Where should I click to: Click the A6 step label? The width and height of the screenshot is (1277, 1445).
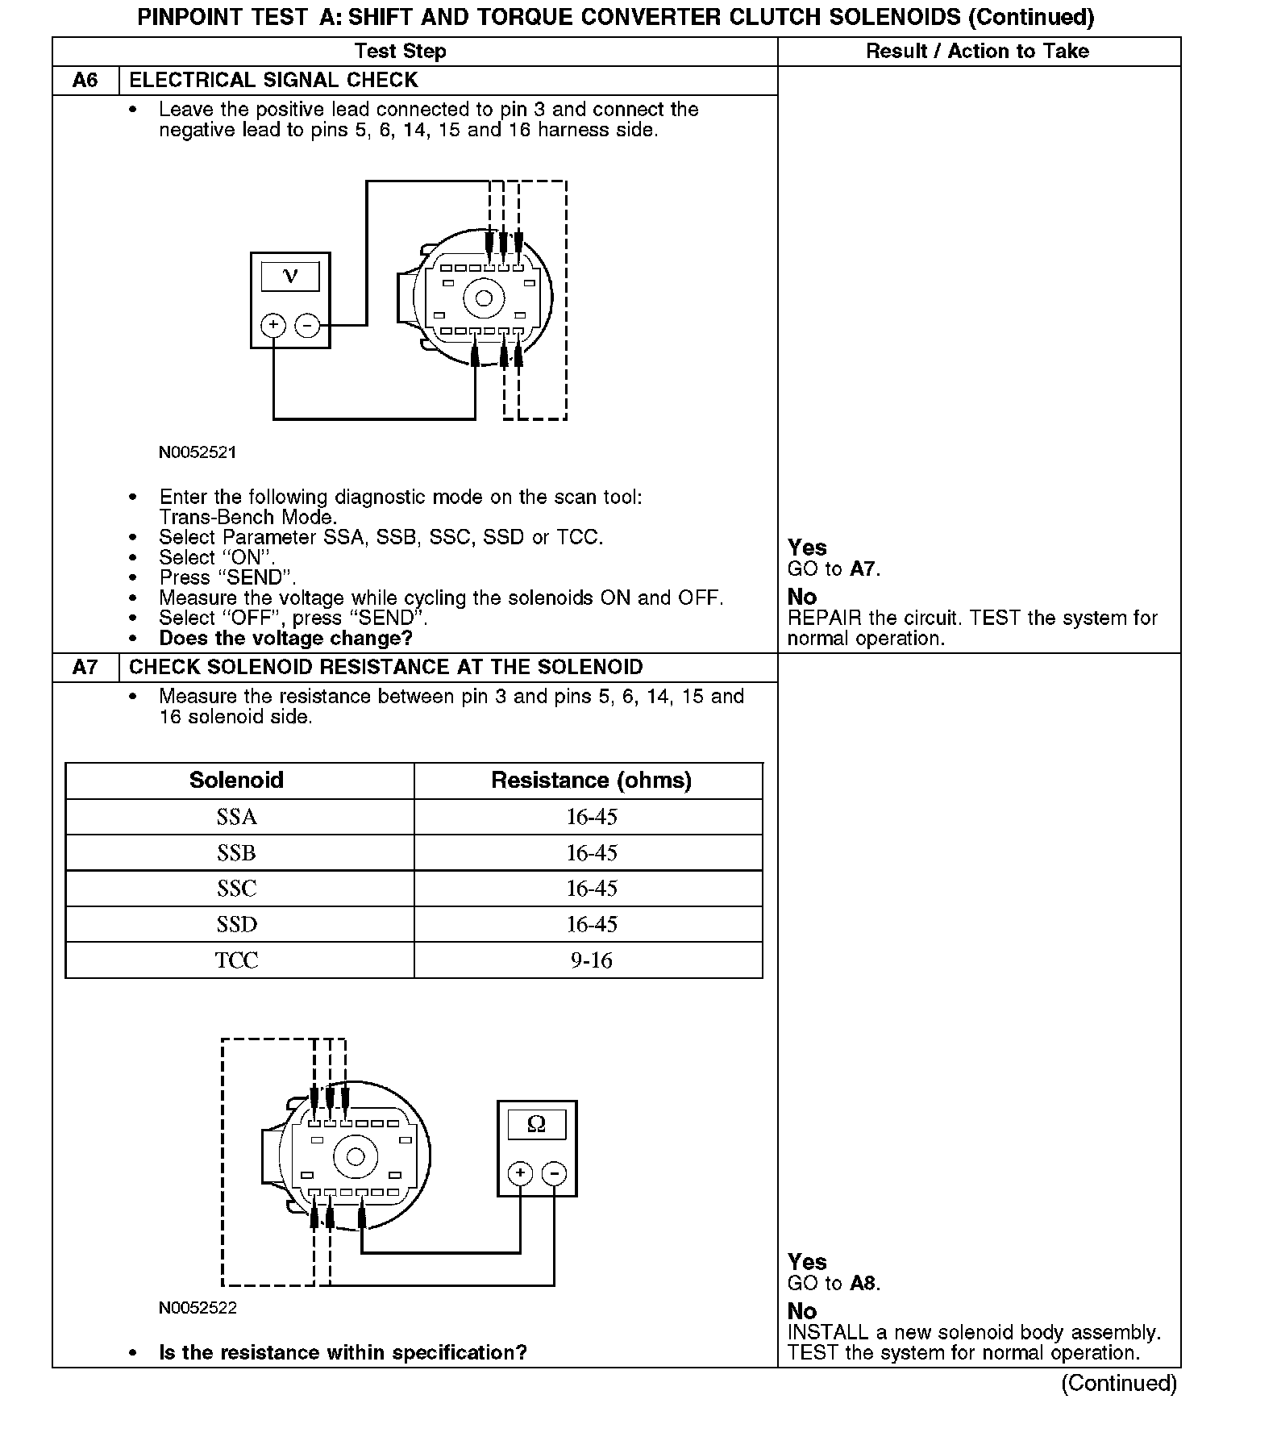[85, 81]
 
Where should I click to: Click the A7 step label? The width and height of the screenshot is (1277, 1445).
[85, 668]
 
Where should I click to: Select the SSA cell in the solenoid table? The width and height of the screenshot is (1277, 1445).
[237, 818]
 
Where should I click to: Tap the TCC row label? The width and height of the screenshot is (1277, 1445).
[237, 961]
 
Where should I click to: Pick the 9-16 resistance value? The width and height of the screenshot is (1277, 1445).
[591, 961]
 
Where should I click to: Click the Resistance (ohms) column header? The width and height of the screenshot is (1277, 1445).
[591, 781]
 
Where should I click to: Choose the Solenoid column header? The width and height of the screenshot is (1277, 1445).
[237, 781]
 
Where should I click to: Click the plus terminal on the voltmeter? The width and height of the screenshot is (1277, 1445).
[274, 325]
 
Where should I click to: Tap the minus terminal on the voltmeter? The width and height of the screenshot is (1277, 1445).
[307, 325]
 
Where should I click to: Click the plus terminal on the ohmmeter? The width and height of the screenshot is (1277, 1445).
[521, 1173]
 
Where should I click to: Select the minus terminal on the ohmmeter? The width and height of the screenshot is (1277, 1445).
[554, 1173]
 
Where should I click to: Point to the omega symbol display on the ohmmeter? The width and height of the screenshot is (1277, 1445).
[536, 1124]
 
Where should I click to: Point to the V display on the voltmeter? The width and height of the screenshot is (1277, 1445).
[290, 277]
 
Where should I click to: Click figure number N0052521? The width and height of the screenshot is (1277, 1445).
[198, 452]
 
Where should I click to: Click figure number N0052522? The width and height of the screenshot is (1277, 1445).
[198, 1308]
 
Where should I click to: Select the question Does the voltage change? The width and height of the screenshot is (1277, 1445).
[286, 639]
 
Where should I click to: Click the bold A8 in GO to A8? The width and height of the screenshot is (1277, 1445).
[863, 1284]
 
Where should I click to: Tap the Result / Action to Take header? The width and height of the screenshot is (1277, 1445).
[977, 52]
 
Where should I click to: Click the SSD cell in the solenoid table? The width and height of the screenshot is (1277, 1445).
[237, 925]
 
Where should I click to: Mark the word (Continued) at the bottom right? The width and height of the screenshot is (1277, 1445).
[1119, 1384]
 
